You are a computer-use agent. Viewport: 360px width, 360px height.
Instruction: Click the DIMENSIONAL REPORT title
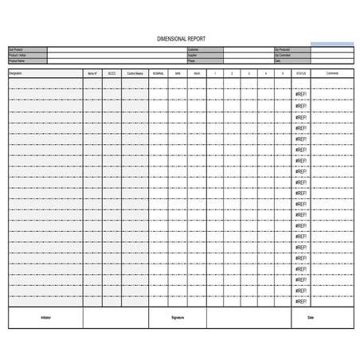click(179, 37)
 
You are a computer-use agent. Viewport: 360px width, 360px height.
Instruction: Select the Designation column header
click(16, 73)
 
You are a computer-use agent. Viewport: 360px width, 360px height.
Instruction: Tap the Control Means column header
click(135, 73)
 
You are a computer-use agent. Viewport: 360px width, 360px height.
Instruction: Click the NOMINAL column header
click(158, 73)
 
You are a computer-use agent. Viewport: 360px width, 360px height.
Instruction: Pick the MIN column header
click(178, 73)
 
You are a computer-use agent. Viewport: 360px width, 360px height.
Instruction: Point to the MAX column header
click(197, 73)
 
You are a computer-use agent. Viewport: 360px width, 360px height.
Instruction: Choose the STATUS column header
click(300, 73)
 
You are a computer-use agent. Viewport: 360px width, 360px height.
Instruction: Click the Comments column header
click(332, 73)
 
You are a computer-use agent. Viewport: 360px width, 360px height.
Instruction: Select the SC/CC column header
click(112, 73)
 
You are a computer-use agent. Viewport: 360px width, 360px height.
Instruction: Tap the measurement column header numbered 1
click(215, 73)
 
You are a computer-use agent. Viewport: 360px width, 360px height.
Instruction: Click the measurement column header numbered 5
click(283, 73)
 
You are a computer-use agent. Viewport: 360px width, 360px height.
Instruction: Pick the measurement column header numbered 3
click(249, 73)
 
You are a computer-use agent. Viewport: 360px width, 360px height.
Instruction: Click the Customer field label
click(193, 49)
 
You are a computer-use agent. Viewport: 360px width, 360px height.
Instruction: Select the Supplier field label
click(192, 53)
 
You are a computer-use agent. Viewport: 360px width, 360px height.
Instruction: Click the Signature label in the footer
click(177, 317)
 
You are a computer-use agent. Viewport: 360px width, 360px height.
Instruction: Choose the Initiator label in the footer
click(45, 317)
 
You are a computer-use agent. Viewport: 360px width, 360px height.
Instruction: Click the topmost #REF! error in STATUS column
click(300, 95)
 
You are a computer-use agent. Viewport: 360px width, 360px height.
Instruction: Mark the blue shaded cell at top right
click(331, 44)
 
